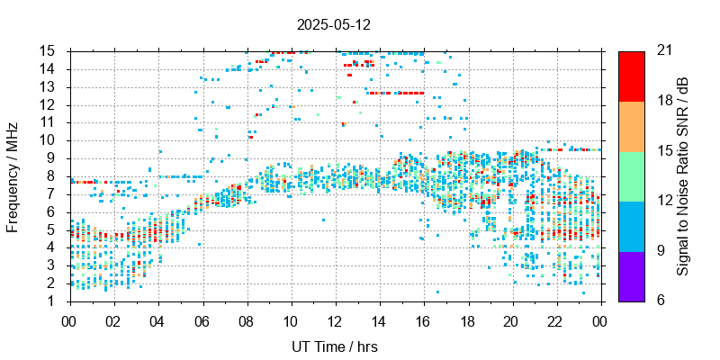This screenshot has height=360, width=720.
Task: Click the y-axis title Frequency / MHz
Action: [13, 175]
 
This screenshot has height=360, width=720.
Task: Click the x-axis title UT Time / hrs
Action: [336, 346]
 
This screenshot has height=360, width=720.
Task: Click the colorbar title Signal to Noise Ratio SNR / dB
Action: [683, 175]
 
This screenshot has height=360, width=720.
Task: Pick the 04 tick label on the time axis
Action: [157, 319]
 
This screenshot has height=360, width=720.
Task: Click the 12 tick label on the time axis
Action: [336, 319]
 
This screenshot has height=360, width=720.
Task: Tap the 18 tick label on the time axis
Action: [468, 319]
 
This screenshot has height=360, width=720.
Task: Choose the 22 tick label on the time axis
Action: [557, 319]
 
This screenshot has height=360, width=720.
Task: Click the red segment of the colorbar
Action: [631, 76]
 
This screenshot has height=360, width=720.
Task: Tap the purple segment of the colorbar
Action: [631, 275]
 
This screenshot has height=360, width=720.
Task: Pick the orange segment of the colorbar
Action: [631, 125]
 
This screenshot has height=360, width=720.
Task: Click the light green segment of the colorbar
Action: [631, 175]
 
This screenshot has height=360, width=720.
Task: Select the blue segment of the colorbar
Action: [631, 225]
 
